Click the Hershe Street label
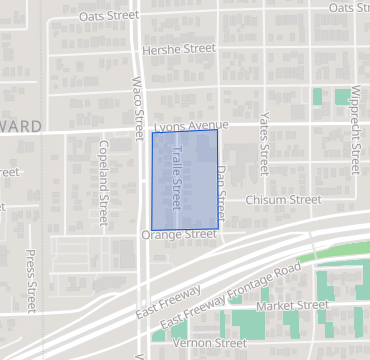click(x=179, y=48)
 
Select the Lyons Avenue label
click(x=192, y=126)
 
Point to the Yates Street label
click(x=264, y=139)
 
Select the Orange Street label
click(x=179, y=235)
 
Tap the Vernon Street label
click(x=210, y=343)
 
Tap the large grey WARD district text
click(x=20, y=126)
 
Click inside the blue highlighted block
click(x=185, y=180)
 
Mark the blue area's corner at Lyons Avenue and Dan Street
click(x=216, y=130)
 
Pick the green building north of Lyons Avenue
click(x=318, y=97)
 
